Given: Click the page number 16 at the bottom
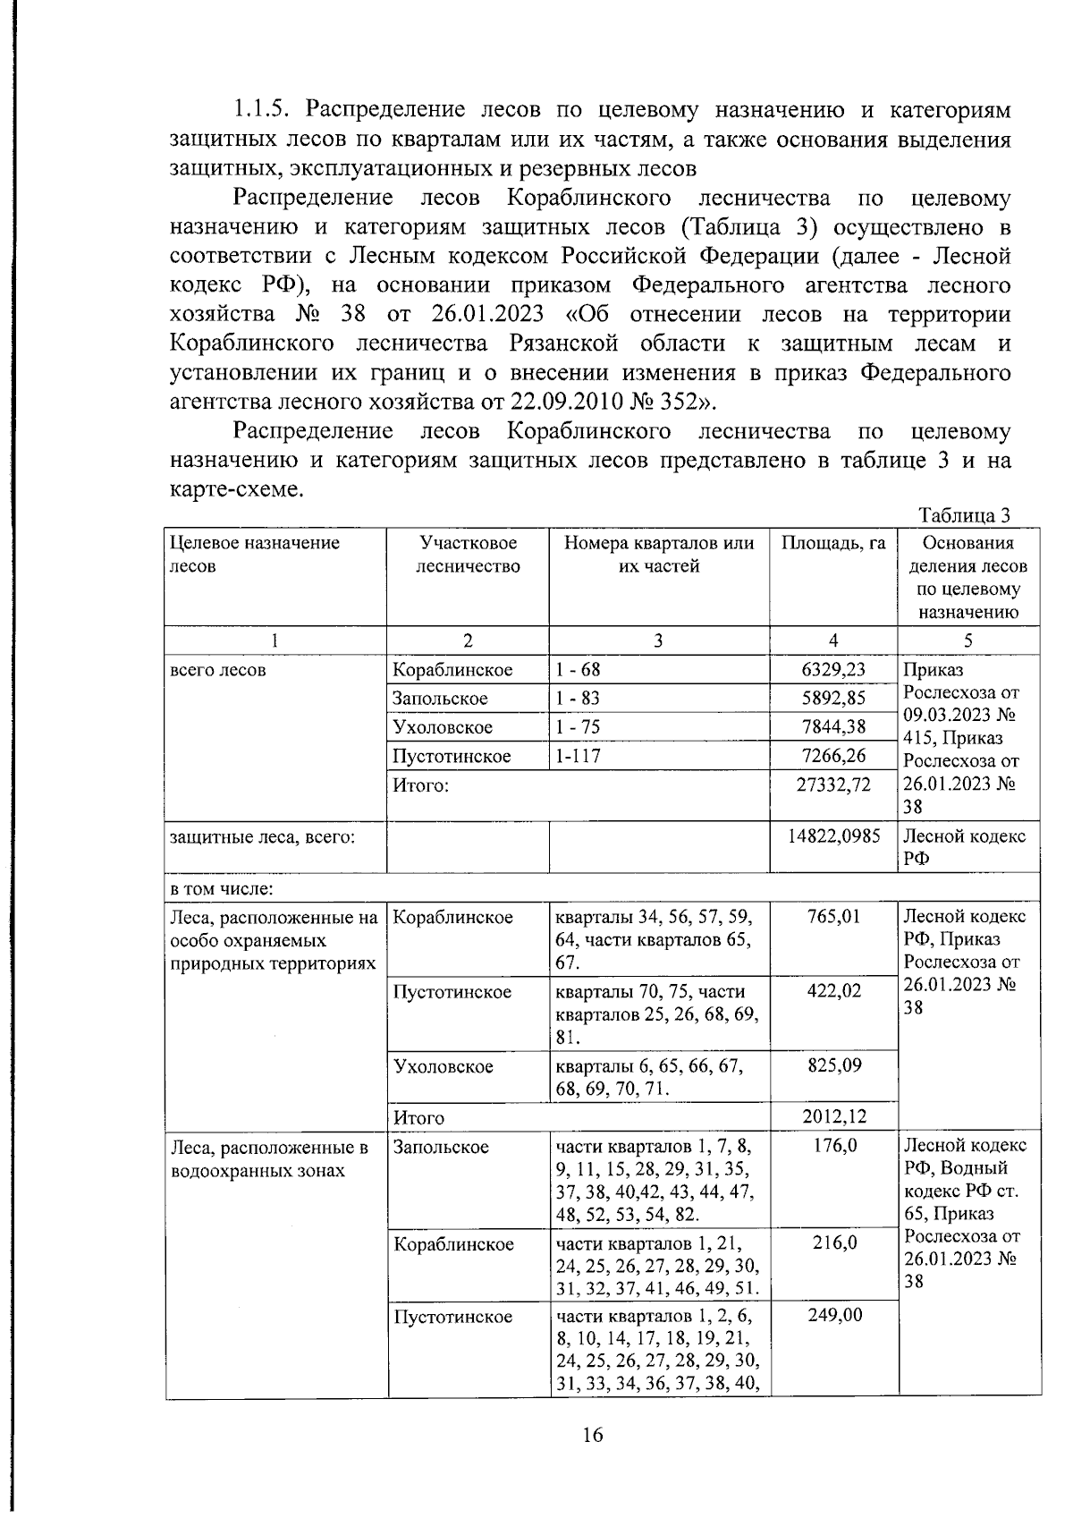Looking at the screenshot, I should coord(593,1436).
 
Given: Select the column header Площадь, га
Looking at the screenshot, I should coord(833,543).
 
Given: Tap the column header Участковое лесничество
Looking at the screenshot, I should coord(468,555).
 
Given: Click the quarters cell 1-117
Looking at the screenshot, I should coord(578,756).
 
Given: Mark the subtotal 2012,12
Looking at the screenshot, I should coord(833,1116).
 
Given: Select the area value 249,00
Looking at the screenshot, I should coord(833,1316).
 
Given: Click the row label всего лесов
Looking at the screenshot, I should coord(217,670).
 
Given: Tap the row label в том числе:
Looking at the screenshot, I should coord(221,889).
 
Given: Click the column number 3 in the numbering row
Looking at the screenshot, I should coord(658,640).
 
